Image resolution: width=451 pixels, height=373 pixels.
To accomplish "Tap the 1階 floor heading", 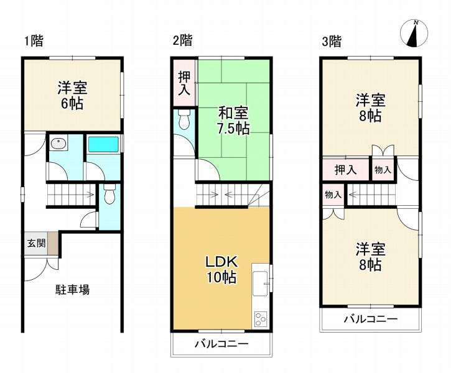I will (34, 42).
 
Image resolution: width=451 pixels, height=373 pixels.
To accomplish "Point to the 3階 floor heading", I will (332, 42).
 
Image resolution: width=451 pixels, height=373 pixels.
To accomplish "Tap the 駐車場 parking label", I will (72, 289).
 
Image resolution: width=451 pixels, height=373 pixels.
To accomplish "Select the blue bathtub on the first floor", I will (104, 145).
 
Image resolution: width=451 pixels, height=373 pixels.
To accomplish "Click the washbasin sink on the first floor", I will (59, 144).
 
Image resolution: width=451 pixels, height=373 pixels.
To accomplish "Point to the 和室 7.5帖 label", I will (233, 121).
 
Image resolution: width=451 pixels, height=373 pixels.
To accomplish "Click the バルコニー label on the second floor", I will (221, 344).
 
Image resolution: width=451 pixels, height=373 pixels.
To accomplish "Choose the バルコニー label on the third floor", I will (371, 320).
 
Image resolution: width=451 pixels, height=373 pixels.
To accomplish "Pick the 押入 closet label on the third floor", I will (346, 169).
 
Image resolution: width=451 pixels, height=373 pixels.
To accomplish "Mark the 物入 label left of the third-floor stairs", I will (333, 195).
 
